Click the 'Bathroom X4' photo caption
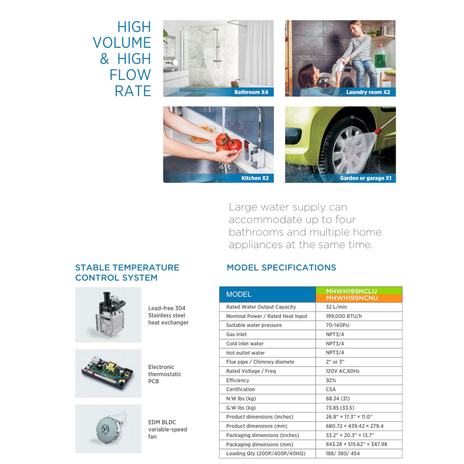tap(251, 92)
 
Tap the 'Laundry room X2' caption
tap(368, 92)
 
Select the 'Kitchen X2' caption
tap(255, 178)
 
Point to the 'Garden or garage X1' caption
tap(365, 178)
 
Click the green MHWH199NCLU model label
tap(351, 291)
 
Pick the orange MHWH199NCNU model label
tap(351, 298)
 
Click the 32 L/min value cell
tap(336, 307)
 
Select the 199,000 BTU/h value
tap(344, 316)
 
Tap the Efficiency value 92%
tap(331, 380)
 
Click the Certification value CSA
tap(331, 389)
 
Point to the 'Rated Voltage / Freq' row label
tap(251, 371)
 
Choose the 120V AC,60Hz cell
tap(343, 371)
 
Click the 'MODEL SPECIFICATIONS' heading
tap(281, 268)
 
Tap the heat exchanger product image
tap(108, 315)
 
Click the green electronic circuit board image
tap(108, 373)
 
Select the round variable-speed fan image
tap(106, 428)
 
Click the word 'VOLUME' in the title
tap(122, 43)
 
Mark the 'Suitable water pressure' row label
tap(254, 325)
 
